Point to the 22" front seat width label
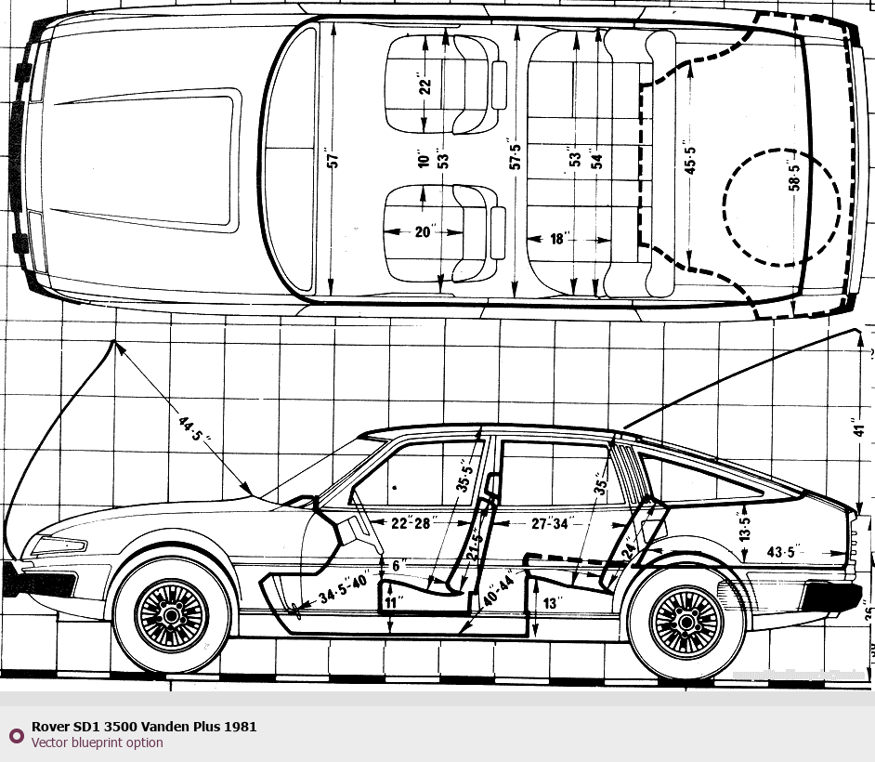[425, 86]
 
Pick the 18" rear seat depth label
[557, 239]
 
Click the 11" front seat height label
[394, 603]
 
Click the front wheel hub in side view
[171, 614]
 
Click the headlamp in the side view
[60, 545]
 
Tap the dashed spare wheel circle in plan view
[781, 206]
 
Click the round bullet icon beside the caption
[16, 735]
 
